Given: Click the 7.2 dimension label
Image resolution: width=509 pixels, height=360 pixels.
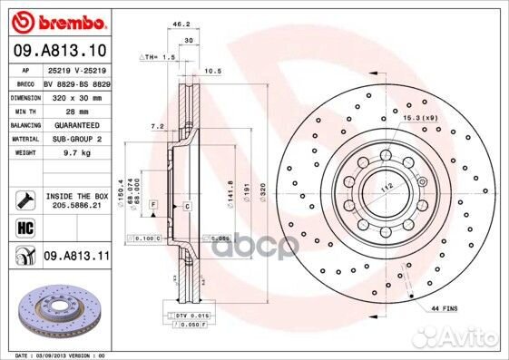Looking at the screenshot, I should [x=155, y=127].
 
